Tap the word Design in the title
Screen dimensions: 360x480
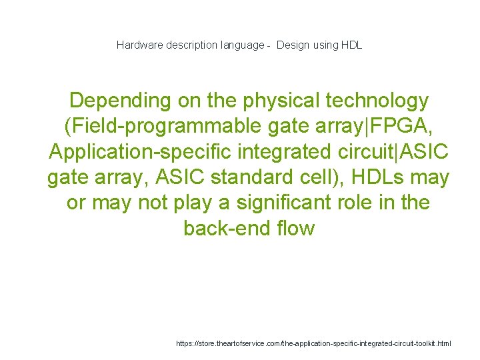[292, 45]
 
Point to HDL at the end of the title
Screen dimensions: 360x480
[351, 45]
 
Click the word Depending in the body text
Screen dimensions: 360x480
[119, 101]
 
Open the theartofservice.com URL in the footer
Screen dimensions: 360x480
[313, 344]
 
